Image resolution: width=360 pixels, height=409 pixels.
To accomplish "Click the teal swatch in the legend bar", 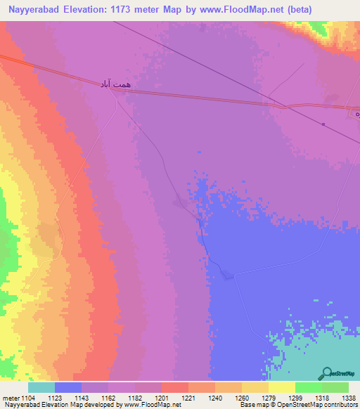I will (41, 387).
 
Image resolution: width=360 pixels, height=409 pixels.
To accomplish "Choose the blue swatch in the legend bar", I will (68, 387).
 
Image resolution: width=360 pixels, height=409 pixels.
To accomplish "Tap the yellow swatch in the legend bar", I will (282, 387).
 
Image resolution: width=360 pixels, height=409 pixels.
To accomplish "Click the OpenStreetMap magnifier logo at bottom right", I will (326, 373).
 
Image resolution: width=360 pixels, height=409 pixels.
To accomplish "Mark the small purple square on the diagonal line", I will (323, 124).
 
